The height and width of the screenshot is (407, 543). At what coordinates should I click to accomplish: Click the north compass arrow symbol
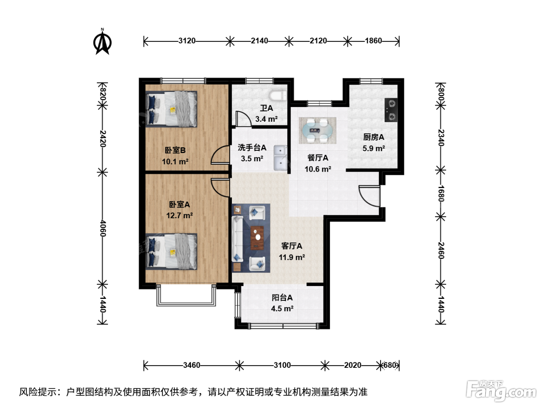pyautogui.click(x=102, y=42)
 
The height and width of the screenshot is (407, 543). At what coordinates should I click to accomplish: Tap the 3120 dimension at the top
pyautogui.click(x=187, y=41)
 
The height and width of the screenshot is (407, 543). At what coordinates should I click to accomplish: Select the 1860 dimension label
pyautogui.click(x=373, y=41)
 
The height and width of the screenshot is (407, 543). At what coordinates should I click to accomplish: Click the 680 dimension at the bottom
pyautogui.click(x=390, y=365)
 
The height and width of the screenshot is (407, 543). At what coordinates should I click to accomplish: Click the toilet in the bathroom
pyautogui.click(x=278, y=96)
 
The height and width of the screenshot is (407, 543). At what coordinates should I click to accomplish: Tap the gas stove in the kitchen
pyautogui.click(x=391, y=110)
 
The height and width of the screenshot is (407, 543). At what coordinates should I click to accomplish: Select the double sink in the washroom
pyautogui.click(x=280, y=158)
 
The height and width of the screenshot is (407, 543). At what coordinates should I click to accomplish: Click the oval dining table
pyautogui.click(x=317, y=130)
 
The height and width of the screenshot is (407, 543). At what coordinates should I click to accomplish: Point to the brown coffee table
pyautogui.click(x=257, y=238)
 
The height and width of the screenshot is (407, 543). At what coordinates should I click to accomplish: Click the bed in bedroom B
pyautogui.click(x=171, y=109)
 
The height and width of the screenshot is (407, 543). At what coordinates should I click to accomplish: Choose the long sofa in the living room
pyautogui.click(x=237, y=238)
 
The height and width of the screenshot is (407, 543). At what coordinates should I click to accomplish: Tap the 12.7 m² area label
pyautogui.click(x=179, y=216)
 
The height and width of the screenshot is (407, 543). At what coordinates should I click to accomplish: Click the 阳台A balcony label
pyautogui.click(x=282, y=298)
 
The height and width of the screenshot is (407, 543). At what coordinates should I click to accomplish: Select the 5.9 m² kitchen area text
pyautogui.click(x=374, y=148)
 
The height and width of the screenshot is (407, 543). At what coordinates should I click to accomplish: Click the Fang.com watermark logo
pyautogui.click(x=501, y=391)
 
